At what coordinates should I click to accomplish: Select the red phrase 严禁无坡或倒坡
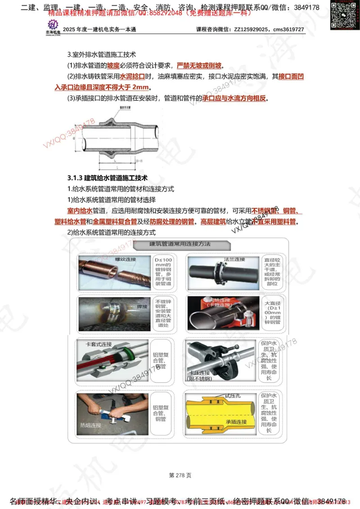pos(199,65)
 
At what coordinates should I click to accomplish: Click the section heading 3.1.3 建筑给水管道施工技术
pos(107,178)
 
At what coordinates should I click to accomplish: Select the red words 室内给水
pos(80,211)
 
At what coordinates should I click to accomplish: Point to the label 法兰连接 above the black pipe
pos(234,260)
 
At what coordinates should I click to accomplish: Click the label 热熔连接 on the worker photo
pos(90,424)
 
